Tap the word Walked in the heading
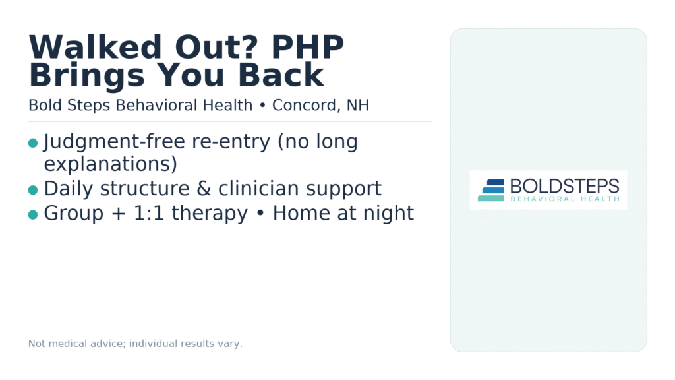[x=85, y=48]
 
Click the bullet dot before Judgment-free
[x=33, y=143]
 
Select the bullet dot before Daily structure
[x=33, y=190]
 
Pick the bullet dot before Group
[x=33, y=214]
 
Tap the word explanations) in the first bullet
[x=110, y=164]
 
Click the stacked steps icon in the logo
[x=491, y=190]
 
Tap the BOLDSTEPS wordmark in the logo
[x=564, y=186]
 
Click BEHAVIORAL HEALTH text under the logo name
[x=564, y=199]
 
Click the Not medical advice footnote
[x=135, y=344]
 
